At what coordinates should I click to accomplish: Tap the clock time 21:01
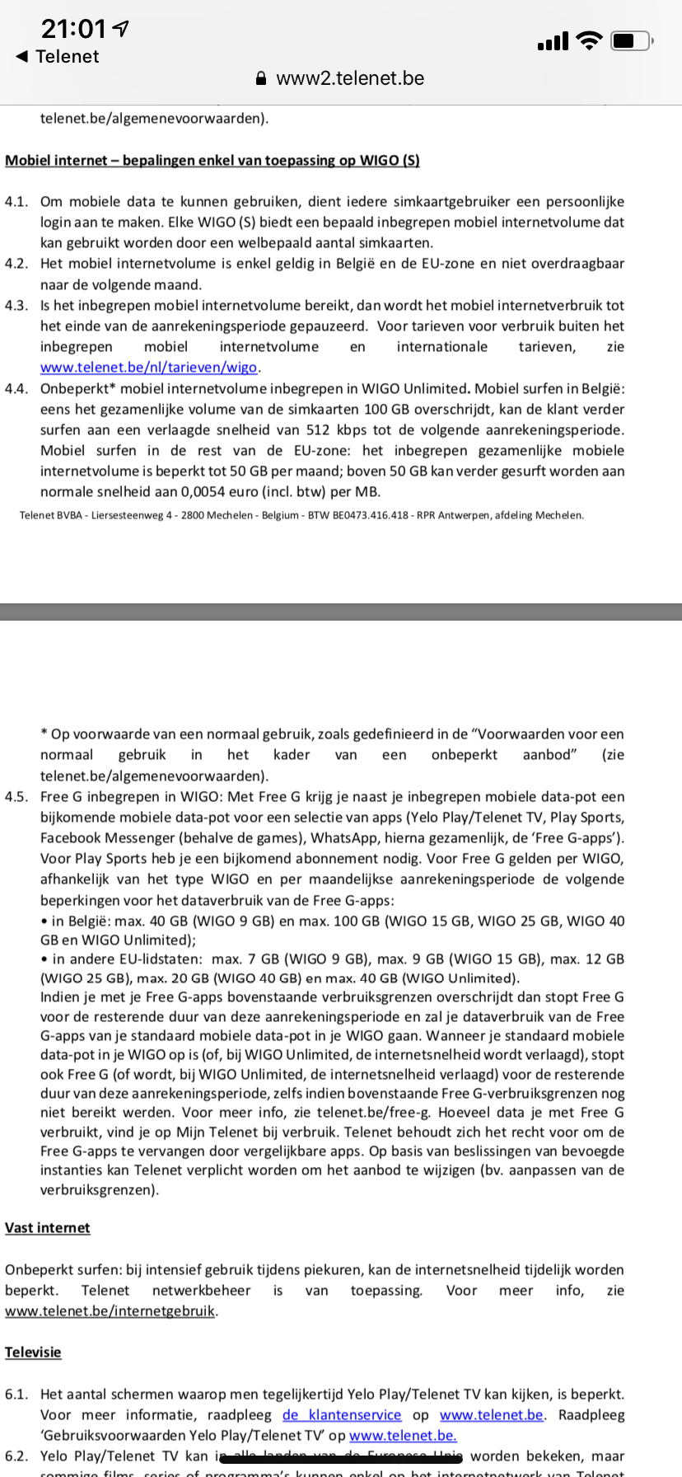[73, 30]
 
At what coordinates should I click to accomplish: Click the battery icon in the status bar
[631, 40]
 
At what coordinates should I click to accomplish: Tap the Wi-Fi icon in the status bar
[589, 40]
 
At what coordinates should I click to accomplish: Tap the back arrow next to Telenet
[22, 56]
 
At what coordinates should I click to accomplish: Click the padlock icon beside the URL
[261, 79]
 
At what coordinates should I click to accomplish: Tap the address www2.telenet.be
[350, 78]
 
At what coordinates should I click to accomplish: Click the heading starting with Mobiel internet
[213, 160]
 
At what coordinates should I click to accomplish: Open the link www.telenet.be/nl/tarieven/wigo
[149, 368]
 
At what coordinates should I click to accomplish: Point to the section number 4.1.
[16, 202]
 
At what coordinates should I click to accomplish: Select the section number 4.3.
[16, 306]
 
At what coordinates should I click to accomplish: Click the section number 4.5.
[16, 797]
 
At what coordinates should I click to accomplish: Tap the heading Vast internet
[48, 1228]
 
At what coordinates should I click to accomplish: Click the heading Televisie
[33, 1353]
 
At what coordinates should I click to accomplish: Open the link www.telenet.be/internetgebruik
[110, 1311]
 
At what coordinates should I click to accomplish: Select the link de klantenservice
[342, 1415]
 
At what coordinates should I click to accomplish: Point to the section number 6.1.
[16, 1395]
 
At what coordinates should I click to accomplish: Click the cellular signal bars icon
[553, 41]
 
